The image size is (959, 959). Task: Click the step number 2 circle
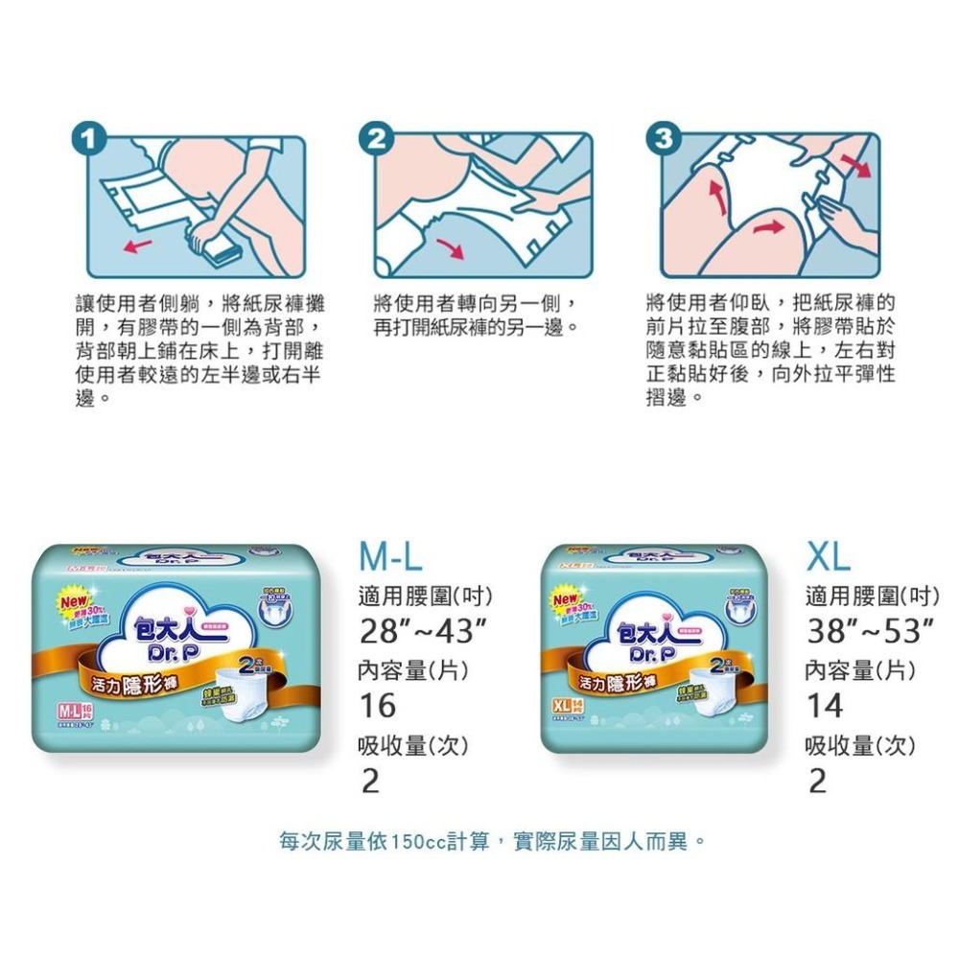[x=378, y=139]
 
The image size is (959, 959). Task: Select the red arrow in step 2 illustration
[x=448, y=246]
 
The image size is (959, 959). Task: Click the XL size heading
[x=828, y=556]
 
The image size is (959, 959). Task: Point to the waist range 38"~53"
[x=870, y=633]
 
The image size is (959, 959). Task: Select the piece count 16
[x=377, y=706]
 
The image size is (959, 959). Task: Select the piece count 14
[x=825, y=706]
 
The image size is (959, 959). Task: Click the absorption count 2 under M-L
[x=369, y=782]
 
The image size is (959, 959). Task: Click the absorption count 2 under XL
[x=817, y=782]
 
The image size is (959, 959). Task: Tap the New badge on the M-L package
[x=76, y=602]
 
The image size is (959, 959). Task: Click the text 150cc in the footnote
[x=415, y=842]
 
